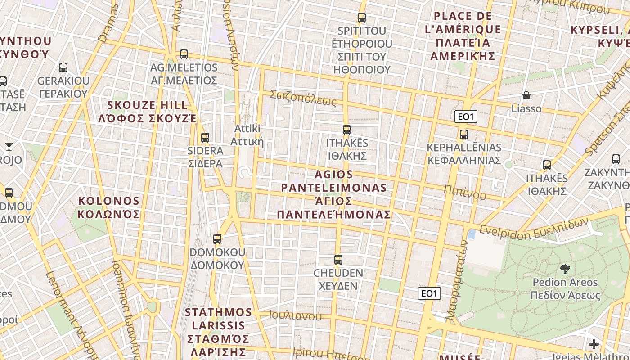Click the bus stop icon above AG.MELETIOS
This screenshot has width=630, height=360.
click(x=184, y=54)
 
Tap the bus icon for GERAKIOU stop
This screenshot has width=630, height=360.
click(x=63, y=67)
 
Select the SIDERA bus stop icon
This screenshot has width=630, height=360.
click(x=205, y=138)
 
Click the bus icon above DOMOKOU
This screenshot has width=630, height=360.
click(x=217, y=239)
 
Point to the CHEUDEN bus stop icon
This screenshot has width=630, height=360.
click(x=338, y=260)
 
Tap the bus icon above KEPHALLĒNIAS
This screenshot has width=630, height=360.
click(x=464, y=135)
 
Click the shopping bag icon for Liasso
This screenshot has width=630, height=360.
click(x=526, y=95)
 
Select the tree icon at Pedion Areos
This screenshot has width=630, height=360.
click(x=565, y=269)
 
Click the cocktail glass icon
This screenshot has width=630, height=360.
click(x=9, y=146)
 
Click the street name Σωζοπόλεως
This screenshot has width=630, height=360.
click(x=303, y=98)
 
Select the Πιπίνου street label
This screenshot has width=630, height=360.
click(x=465, y=192)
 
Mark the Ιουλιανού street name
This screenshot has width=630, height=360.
click(x=295, y=315)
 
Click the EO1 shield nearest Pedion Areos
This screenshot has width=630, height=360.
click(x=429, y=294)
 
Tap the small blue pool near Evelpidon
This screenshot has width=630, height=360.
click(x=472, y=234)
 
